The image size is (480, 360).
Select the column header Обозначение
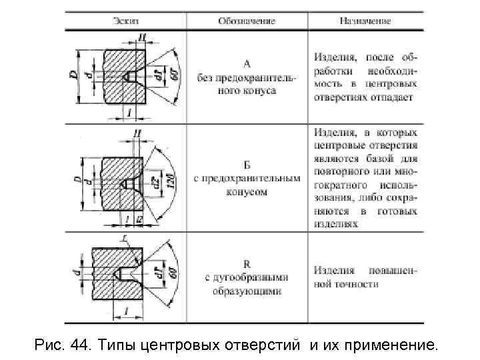tap(246, 21)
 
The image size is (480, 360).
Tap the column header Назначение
tap(364, 21)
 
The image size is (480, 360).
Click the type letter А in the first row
tap(247, 64)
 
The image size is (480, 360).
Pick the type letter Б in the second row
tap(247, 166)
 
